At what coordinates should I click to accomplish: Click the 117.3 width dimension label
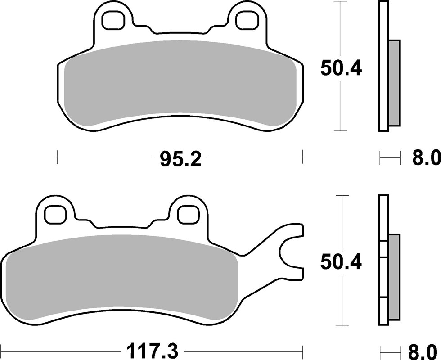tap(152, 350)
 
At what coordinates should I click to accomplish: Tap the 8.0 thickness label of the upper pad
tap(425, 158)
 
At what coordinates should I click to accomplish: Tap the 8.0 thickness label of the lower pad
tap(425, 350)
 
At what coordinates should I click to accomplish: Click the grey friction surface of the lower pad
tap(121, 277)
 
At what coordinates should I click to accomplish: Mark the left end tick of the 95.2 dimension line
tap(58, 157)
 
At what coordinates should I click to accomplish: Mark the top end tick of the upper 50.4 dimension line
tap(341, 2)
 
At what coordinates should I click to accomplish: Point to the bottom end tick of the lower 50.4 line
tap(343, 326)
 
